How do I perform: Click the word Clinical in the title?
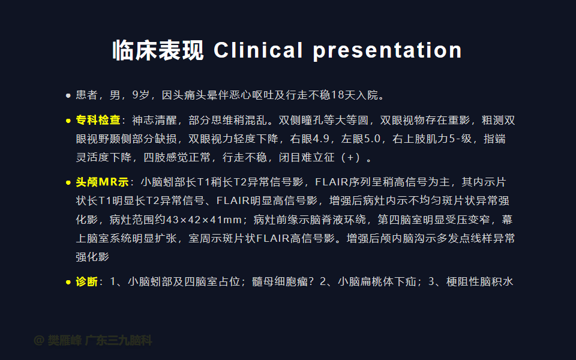258,50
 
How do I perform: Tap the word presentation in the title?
387,50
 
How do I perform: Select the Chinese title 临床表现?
158,50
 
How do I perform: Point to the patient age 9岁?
140,95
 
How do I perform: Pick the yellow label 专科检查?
98,120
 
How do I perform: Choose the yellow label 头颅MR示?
102,182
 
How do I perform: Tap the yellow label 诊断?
86,282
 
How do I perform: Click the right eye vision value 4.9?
321,139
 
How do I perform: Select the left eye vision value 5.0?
372,139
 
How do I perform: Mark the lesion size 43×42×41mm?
204,220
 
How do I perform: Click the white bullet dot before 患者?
68,95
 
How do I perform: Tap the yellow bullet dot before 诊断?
68,282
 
